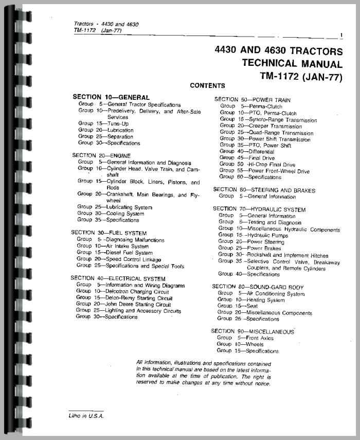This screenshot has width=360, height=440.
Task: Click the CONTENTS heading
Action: (x=207, y=86)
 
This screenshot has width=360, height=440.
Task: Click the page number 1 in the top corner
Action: (x=341, y=36)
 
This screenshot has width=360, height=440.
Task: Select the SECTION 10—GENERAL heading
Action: (x=111, y=97)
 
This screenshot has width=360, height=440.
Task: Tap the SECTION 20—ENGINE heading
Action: (x=101, y=155)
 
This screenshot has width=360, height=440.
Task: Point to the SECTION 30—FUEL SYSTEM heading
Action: (x=109, y=233)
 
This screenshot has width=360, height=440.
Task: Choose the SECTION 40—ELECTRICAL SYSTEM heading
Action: (x=115, y=278)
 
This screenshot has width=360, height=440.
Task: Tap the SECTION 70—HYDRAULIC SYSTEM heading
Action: (x=259, y=209)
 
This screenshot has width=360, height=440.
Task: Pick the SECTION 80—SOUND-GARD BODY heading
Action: (x=258, y=287)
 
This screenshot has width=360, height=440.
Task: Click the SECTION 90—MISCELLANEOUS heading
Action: (x=253, y=331)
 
